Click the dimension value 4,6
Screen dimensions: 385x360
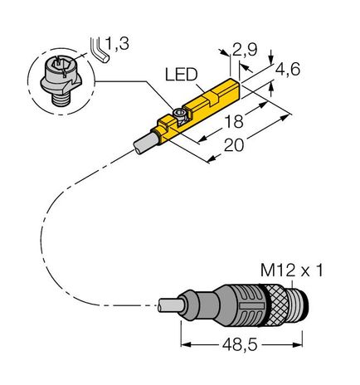coord(287,71)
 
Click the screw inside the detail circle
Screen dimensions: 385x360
coord(59,77)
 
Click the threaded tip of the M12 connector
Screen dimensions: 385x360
coord(297,303)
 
